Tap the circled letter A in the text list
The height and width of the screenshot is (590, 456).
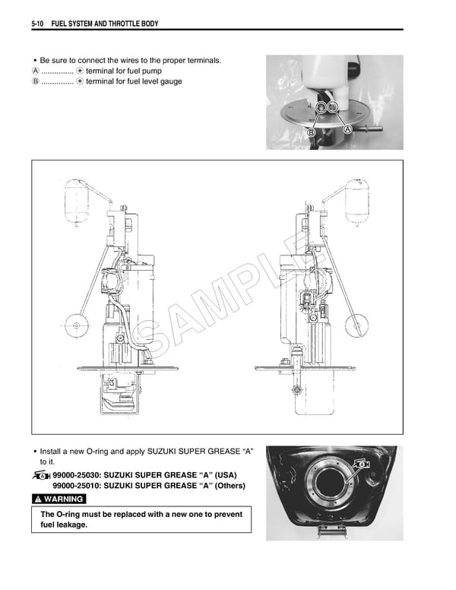[x=35, y=71]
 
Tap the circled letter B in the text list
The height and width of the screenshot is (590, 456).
[x=35, y=81]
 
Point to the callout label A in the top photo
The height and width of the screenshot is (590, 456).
[x=348, y=130]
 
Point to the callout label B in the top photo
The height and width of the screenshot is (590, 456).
[x=311, y=133]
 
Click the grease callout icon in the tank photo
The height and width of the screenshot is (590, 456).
[x=362, y=463]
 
